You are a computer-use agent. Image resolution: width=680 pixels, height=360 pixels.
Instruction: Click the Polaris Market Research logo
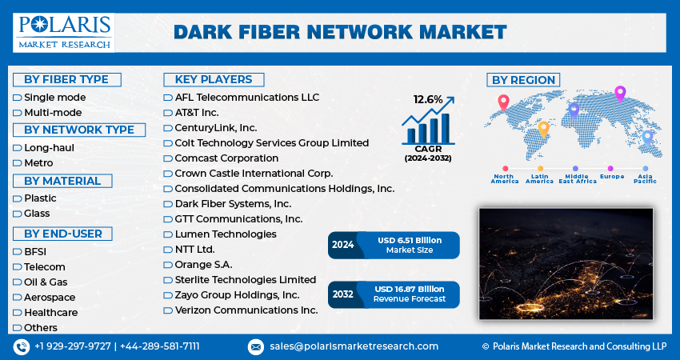[x=64, y=31]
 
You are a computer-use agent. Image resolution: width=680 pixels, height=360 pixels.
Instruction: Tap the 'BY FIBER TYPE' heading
[x=66, y=79]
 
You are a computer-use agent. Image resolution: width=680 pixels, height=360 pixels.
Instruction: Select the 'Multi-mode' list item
[x=53, y=112]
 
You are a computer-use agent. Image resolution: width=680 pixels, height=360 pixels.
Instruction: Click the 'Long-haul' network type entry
[x=49, y=147]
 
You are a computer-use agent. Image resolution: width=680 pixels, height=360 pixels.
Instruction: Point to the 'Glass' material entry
[x=37, y=214]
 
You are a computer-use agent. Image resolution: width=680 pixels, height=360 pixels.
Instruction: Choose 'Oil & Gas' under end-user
[x=46, y=282]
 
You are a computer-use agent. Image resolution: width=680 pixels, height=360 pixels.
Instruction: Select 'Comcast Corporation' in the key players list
[x=226, y=158]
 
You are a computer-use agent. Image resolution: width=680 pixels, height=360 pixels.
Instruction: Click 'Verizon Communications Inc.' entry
[x=246, y=310]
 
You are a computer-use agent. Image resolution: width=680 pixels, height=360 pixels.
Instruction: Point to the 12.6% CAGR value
[x=428, y=100]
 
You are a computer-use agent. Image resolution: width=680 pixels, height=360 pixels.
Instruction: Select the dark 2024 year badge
[x=342, y=245]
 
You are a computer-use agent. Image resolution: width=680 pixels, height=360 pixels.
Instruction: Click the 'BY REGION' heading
[x=523, y=79]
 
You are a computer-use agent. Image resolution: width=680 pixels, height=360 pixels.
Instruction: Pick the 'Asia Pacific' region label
[x=646, y=178]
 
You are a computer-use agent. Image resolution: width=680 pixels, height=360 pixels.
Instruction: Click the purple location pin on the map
[x=619, y=94]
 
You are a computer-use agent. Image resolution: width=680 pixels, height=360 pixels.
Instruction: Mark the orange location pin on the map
[x=543, y=128]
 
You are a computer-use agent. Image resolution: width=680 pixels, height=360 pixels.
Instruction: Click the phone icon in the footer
[x=22, y=346]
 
